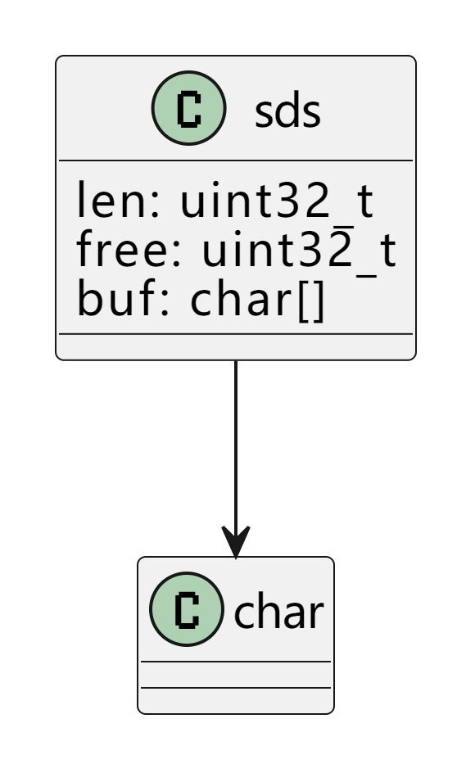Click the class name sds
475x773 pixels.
(x=287, y=112)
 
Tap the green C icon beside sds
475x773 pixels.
(x=189, y=108)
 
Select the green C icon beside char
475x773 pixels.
(x=187, y=609)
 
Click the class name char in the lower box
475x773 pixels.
(x=278, y=612)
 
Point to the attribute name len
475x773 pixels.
(x=110, y=200)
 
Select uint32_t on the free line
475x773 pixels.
(x=299, y=250)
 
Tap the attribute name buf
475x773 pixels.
(x=114, y=298)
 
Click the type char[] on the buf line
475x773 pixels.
(x=257, y=300)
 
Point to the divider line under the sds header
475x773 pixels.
(x=236, y=160)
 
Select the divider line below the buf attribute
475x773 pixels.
(x=236, y=334)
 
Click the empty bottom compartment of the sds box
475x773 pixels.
(x=236, y=347)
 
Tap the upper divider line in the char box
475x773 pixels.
(x=236, y=662)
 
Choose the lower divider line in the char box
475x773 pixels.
(x=236, y=687)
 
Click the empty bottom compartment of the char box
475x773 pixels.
(x=236, y=700)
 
